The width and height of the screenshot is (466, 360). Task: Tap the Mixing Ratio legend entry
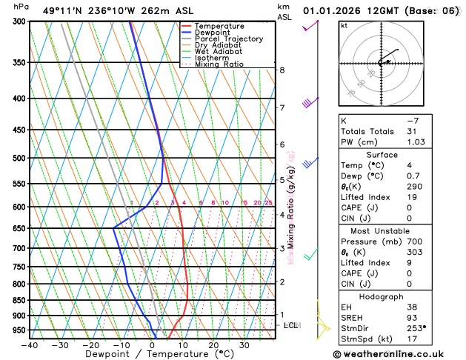coord(219,64)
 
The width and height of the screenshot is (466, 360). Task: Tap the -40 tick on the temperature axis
coord(30,345)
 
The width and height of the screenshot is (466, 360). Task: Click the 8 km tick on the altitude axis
coord(282,70)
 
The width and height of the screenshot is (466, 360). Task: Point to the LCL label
coord(291,325)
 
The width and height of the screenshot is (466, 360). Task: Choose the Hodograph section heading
coord(382,296)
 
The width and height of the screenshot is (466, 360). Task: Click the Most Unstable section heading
coord(382,231)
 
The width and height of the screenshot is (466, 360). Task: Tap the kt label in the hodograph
coord(344,25)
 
